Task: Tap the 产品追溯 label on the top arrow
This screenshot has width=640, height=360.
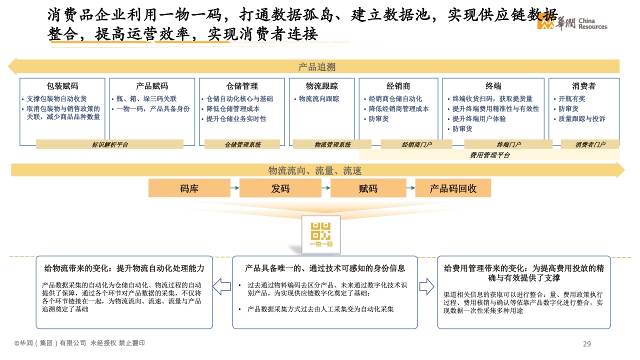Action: (316, 67)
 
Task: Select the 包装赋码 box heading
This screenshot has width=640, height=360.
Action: (62, 86)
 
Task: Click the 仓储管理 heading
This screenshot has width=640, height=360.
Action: (242, 86)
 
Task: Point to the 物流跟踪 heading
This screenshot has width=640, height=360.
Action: (321, 86)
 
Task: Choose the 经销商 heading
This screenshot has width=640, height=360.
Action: (398, 86)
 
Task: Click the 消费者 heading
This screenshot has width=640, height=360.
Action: (583, 86)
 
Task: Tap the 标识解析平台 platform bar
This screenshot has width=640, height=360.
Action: (109, 144)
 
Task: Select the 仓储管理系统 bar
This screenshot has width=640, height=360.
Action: (242, 144)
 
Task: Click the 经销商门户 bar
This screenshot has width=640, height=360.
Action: (416, 144)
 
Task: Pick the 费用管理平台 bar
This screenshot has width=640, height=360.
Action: (489, 155)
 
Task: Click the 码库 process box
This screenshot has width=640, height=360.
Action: (189, 188)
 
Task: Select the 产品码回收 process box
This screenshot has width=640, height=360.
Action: (453, 188)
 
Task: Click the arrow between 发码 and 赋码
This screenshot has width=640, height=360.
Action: (325, 188)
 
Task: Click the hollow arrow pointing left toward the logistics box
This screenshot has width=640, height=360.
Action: (221, 286)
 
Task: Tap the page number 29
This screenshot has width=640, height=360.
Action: (587, 343)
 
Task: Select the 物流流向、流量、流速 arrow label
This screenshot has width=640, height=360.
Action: (314, 171)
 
